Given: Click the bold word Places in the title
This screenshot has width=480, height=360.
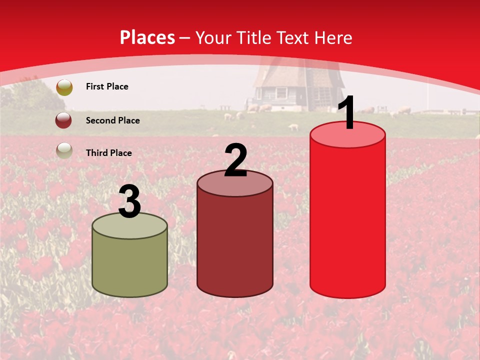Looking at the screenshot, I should [x=147, y=37].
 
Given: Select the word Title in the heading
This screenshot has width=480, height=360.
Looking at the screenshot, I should [x=252, y=37].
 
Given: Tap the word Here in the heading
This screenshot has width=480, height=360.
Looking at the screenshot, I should [x=334, y=37].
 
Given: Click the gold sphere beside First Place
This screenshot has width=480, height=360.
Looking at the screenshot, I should [x=64, y=87].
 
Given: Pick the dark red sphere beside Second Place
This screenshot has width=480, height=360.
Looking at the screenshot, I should [x=64, y=120].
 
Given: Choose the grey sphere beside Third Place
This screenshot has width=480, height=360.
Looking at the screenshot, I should [x=64, y=150].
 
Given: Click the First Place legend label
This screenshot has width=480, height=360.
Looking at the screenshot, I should [x=107, y=86].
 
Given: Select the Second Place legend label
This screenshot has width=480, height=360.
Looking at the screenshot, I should [x=112, y=120].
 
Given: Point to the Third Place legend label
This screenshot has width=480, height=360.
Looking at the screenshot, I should [x=108, y=153].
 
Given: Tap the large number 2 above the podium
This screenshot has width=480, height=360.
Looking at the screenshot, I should [x=235, y=160].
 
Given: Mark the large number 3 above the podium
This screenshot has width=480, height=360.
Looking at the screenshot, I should [x=129, y=202].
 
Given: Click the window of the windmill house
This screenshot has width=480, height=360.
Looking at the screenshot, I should [x=281, y=93].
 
